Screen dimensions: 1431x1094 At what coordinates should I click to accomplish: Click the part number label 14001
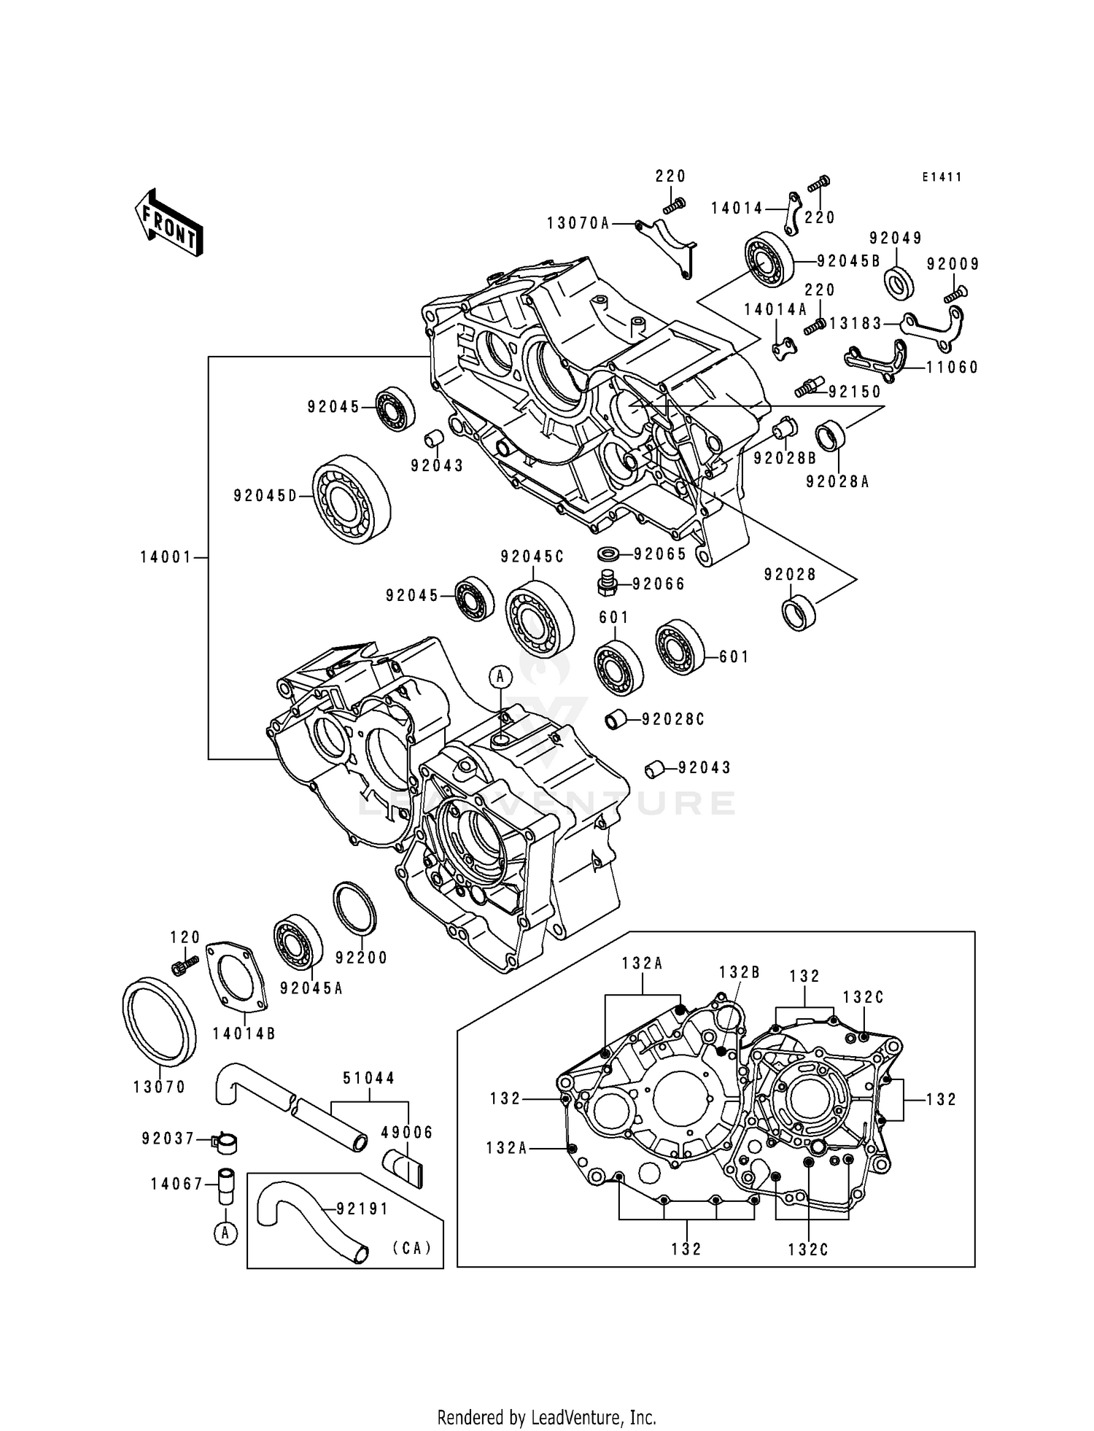pos(166,558)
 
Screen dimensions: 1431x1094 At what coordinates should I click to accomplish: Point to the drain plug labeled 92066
pos(607,583)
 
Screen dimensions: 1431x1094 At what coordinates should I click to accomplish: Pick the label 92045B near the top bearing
pos(848,261)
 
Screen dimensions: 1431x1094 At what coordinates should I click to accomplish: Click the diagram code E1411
pos(941,177)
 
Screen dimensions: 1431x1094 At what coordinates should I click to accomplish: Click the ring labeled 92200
pos(354,908)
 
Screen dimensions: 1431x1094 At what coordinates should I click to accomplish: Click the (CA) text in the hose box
pos(412,1248)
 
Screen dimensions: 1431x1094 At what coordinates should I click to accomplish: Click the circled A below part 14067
pos(226,1234)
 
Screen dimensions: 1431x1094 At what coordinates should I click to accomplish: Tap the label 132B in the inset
pos(739,973)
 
